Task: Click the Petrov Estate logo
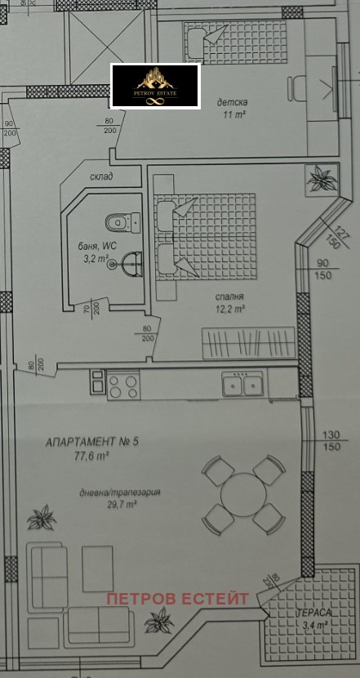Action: click(155, 85)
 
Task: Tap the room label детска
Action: click(233, 102)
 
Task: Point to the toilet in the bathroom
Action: click(121, 221)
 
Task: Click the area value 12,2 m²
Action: click(231, 310)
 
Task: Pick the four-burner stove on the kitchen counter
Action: click(124, 385)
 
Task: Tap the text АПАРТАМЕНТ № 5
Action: click(92, 443)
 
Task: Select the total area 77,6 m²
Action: click(91, 457)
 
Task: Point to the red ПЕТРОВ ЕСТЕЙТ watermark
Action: click(176, 599)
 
